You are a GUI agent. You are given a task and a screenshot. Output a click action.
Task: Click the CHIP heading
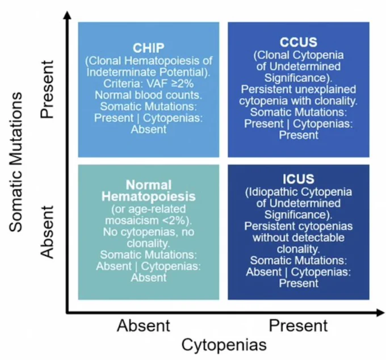pos(149,48)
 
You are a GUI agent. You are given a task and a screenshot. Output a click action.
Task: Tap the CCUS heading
pos(299,42)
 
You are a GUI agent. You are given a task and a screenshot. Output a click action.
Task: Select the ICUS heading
pos(299,179)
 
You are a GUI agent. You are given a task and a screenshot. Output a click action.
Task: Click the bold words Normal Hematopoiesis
pos(149,191)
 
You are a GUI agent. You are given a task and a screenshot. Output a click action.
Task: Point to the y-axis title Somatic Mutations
pos(16,162)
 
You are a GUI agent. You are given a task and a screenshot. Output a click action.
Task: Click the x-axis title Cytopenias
pos(224,345)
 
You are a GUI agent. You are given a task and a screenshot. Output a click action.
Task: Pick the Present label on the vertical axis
pos(47,89)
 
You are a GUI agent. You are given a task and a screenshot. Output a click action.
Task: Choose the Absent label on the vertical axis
pos(47,232)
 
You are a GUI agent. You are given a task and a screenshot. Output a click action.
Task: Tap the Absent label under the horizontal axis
pos(144,325)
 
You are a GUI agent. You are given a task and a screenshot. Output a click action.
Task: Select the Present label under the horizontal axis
pos(298,325)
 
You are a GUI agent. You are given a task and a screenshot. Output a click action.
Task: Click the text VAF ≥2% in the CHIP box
pos(170,83)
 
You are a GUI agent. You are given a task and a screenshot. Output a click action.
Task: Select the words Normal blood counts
pos(149,95)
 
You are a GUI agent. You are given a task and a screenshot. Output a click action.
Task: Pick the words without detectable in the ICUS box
pos(299,237)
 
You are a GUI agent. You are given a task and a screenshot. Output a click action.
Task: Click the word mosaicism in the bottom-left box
pos(132,220)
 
